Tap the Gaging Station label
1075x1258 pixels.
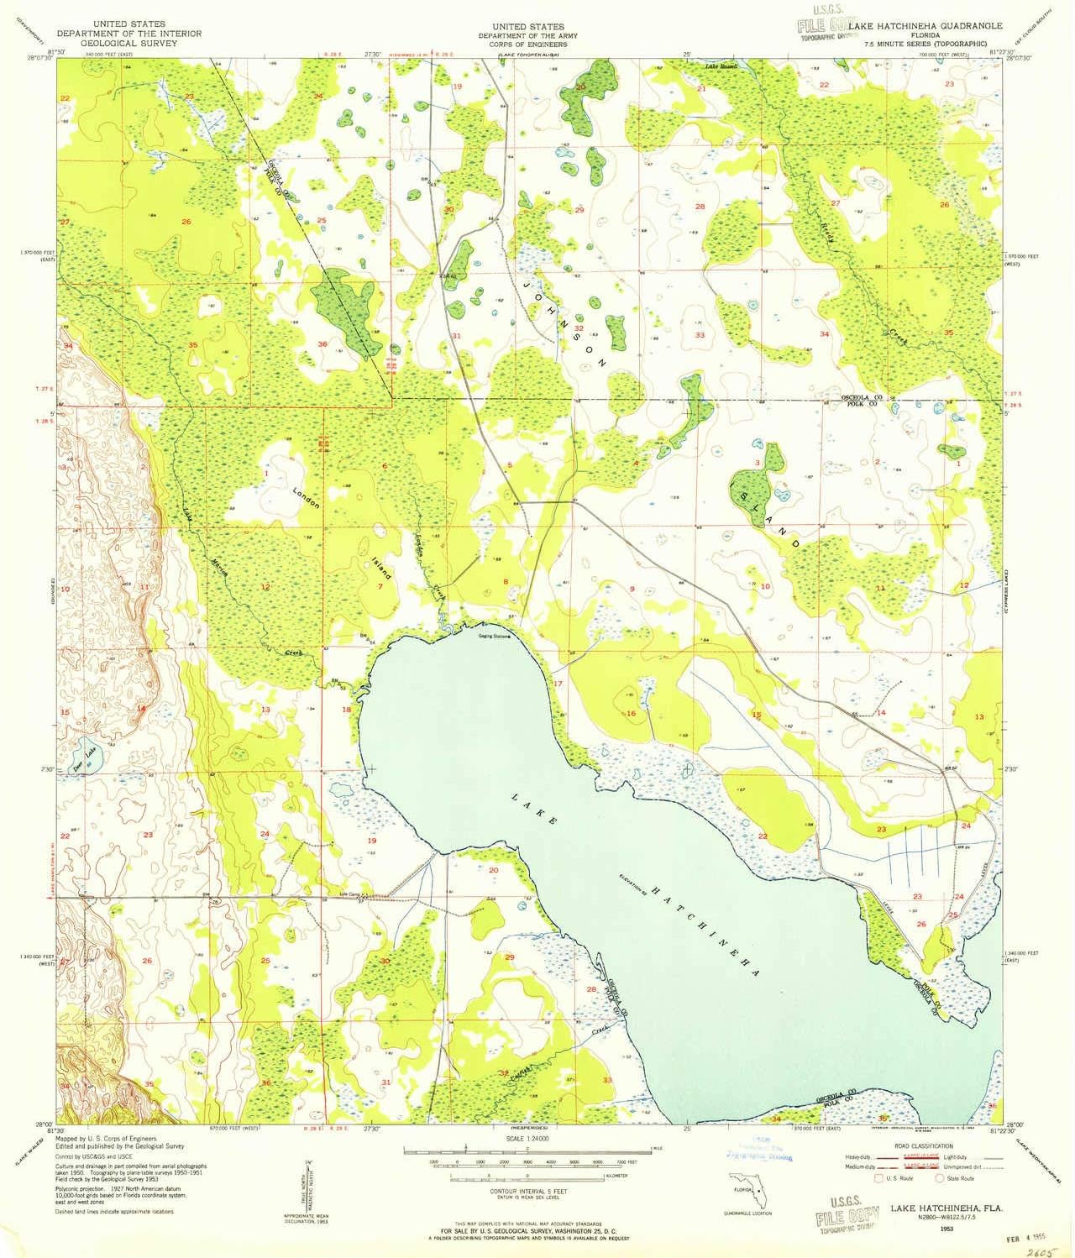point(495,635)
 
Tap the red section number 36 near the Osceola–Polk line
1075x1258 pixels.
point(322,344)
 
